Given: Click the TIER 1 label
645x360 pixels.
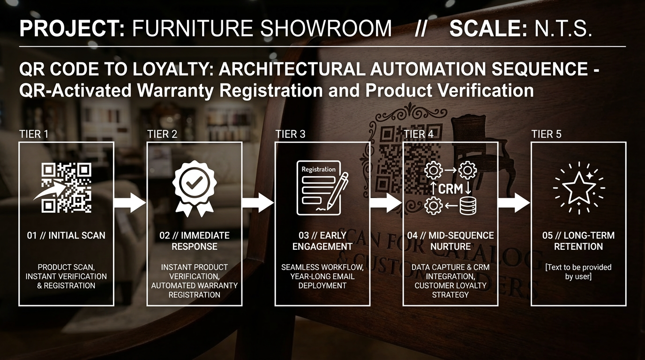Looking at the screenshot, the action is tap(34, 134).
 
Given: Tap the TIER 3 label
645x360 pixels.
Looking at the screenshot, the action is tap(290, 134).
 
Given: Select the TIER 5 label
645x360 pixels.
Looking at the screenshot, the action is tap(546, 134).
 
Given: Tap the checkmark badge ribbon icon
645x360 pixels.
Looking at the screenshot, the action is tap(195, 188).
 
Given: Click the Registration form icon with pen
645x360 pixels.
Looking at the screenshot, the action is tap(322, 188).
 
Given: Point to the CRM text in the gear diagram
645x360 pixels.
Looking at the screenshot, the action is tap(450, 189).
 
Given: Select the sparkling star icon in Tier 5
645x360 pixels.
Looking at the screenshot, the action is tap(579, 188).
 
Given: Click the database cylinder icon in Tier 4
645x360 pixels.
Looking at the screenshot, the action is tap(468, 206).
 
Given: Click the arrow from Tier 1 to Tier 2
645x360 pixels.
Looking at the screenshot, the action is tap(130, 203).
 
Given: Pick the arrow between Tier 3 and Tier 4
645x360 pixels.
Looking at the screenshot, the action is tap(386, 203).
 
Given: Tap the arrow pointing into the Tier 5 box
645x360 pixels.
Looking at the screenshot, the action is tap(514, 203).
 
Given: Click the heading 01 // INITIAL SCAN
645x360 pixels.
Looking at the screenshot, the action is tap(66, 236).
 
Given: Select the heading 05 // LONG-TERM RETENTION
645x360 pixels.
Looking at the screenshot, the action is tap(578, 241).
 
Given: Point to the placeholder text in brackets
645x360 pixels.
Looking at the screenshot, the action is tap(578, 272).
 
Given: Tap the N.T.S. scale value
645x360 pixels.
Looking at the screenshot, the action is tap(563, 28).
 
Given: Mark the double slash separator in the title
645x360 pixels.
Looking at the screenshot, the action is tap(420, 28).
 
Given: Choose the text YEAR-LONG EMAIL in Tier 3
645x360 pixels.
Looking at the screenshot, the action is tap(322, 277).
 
